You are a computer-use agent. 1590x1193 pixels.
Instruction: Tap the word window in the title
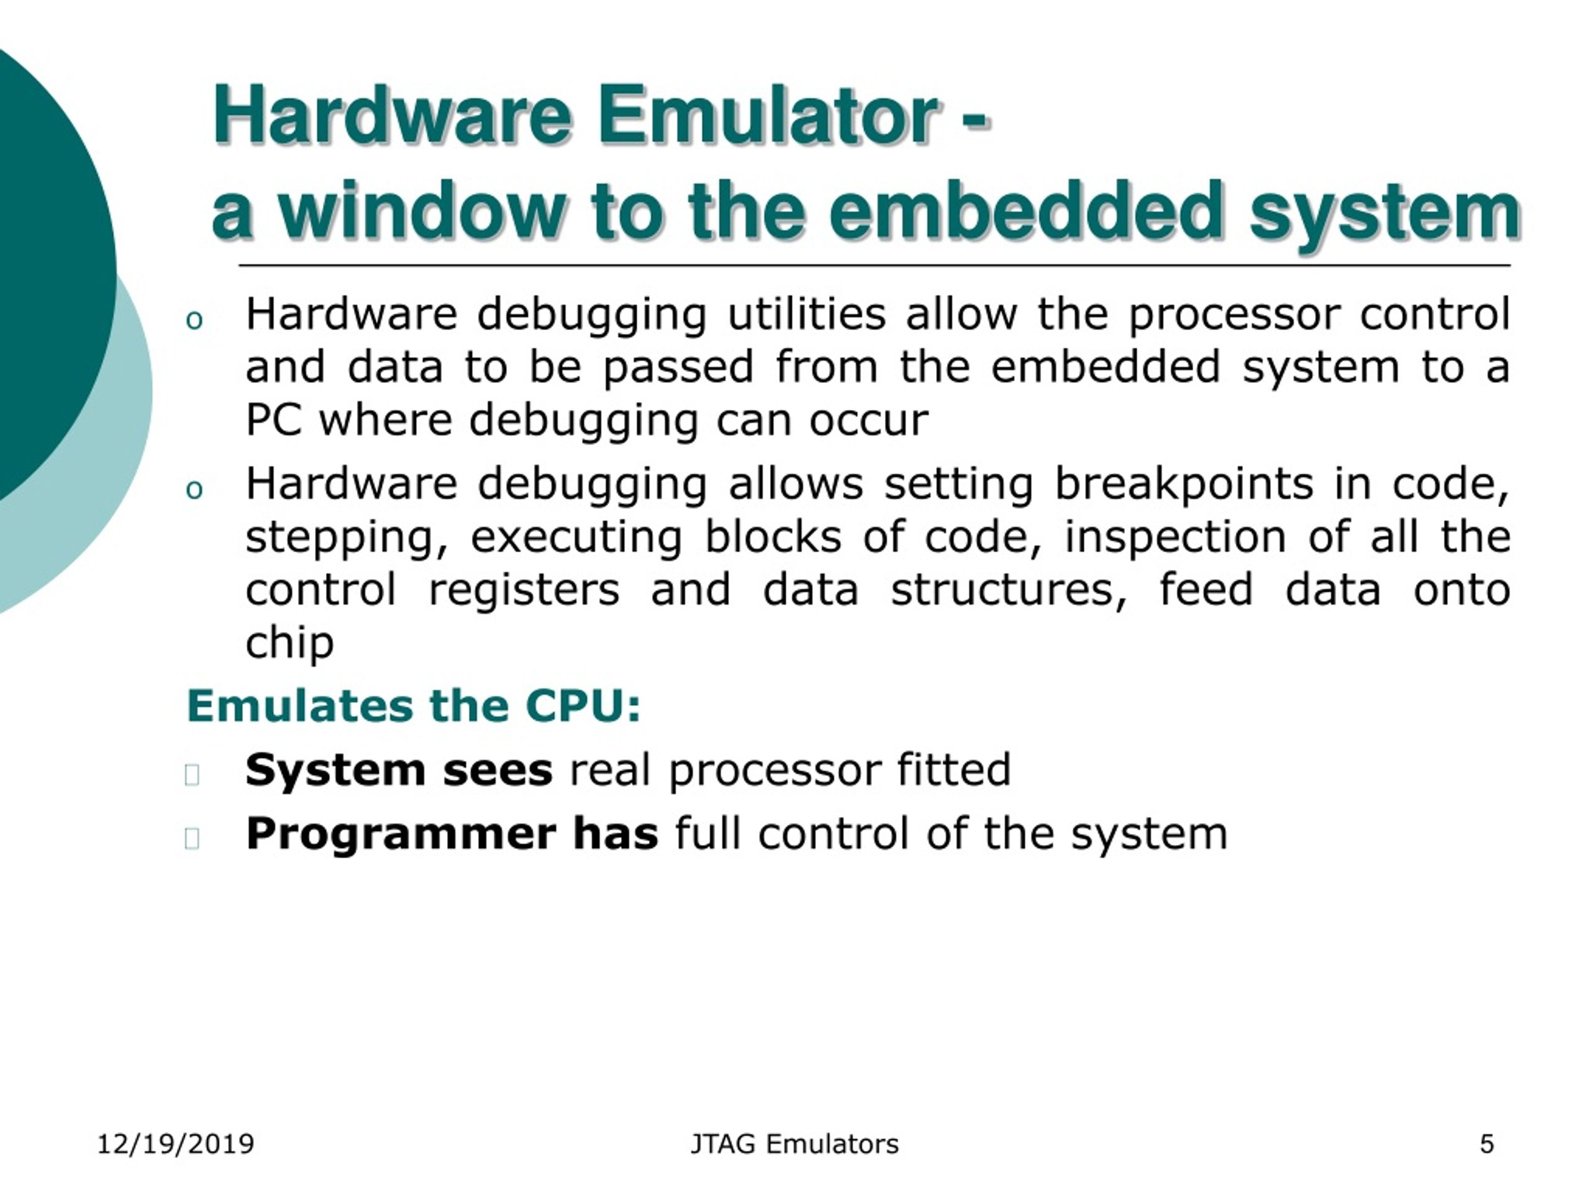pyautogui.click(x=424, y=211)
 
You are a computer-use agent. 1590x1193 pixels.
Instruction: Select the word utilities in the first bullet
pyautogui.click(x=807, y=314)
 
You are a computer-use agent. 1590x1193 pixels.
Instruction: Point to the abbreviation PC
pyautogui.click(x=273, y=420)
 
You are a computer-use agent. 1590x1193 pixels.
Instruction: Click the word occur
pyautogui.click(x=868, y=421)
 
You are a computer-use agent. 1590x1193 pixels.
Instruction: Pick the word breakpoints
pyautogui.click(x=1183, y=484)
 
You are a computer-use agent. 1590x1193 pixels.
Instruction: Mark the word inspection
pyautogui.click(x=1174, y=538)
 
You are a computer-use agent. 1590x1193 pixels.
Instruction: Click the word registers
pyautogui.click(x=524, y=591)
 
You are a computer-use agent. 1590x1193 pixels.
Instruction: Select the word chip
pyautogui.click(x=289, y=643)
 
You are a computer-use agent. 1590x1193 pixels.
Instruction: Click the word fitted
pyautogui.click(x=953, y=770)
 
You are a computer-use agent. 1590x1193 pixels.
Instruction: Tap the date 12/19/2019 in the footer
pyautogui.click(x=175, y=1143)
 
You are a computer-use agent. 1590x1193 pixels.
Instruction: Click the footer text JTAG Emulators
pyautogui.click(x=794, y=1143)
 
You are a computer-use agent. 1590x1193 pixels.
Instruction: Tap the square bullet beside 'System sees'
pyautogui.click(x=192, y=774)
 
